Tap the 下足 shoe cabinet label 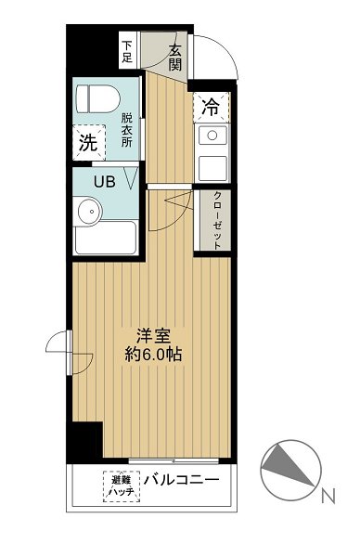(x=128, y=51)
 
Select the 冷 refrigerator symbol (x=211, y=108)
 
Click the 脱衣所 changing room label (x=128, y=132)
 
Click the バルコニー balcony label (x=181, y=481)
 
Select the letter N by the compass (x=327, y=498)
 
